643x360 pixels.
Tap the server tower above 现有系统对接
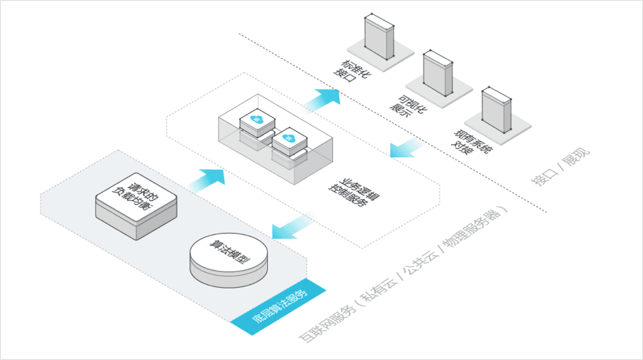click(496, 110)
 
